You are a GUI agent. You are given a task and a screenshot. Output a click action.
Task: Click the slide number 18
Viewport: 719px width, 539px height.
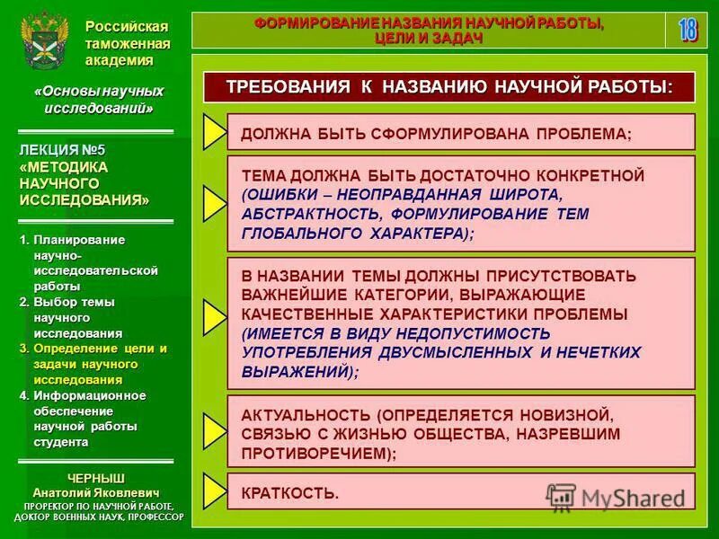[688, 30]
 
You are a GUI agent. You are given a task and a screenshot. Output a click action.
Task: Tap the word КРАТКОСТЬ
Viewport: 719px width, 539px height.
[290, 493]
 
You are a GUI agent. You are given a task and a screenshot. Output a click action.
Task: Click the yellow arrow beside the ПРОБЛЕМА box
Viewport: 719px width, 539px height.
[214, 132]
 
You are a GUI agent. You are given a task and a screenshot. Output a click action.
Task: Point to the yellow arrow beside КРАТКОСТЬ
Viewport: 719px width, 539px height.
[214, 490]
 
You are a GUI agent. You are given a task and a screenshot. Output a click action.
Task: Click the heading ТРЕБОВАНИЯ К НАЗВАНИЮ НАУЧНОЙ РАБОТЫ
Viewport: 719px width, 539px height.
[448, 88]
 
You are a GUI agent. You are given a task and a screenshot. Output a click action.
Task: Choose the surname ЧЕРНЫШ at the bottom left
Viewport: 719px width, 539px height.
[95, 476]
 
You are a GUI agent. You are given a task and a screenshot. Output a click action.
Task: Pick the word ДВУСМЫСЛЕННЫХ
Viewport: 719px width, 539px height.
[446, 352]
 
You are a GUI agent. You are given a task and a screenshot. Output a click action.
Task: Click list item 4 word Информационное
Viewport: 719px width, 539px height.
[89, 396]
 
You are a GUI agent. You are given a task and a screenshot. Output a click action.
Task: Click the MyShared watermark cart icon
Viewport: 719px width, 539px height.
[561, 496]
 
